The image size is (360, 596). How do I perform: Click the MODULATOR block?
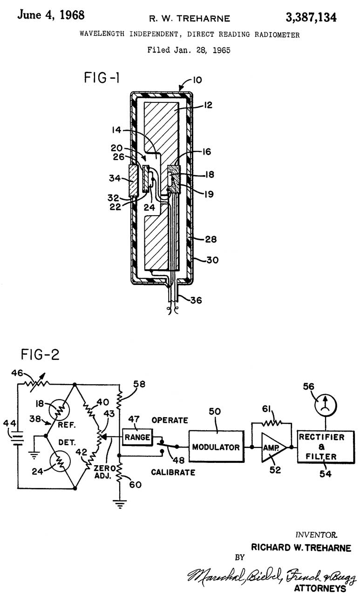point(216,447)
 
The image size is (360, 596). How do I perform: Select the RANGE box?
point(137,437)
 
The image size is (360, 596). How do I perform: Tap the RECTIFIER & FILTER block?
point(326,447)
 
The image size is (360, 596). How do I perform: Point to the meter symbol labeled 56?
point(326,406)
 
